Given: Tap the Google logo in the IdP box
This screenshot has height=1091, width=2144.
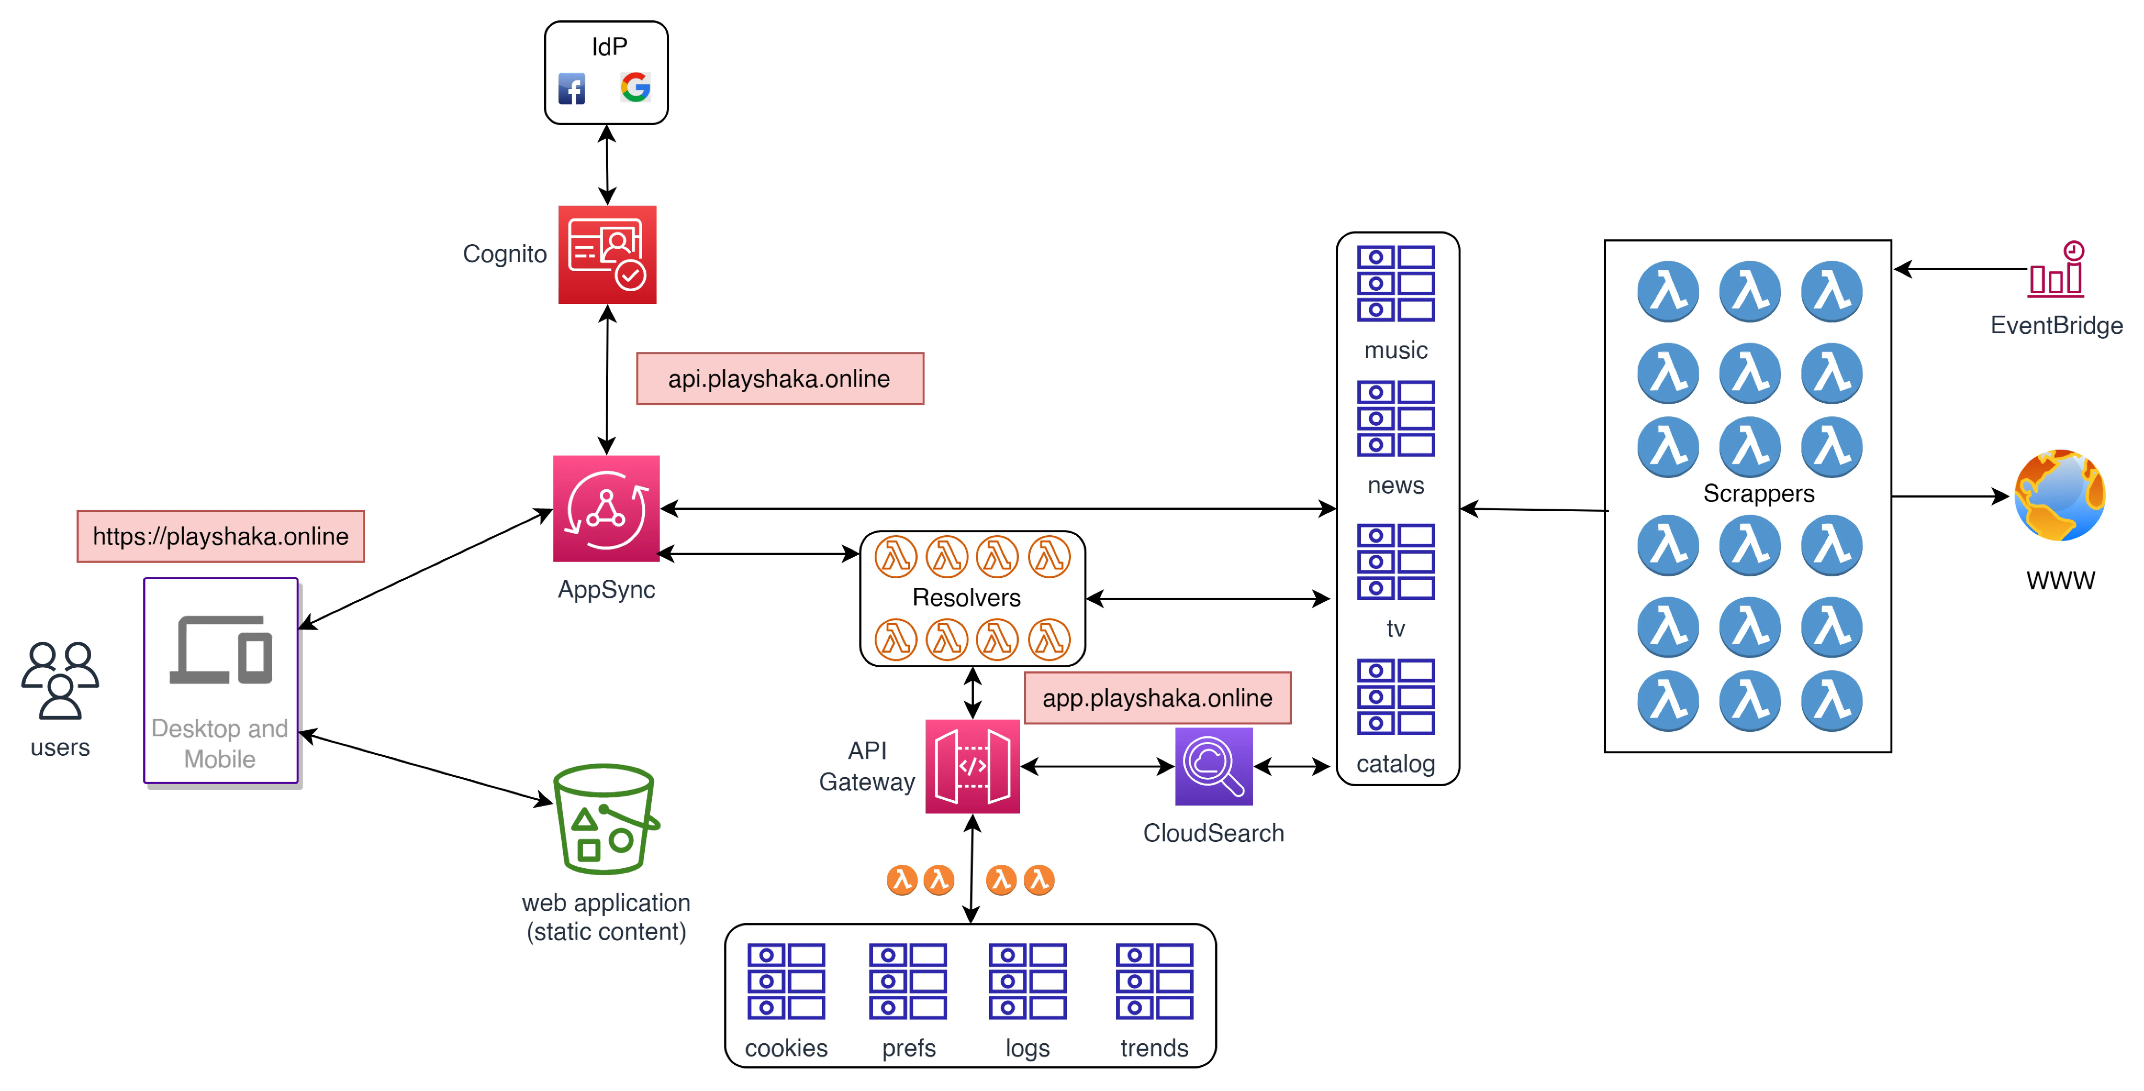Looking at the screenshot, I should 635,87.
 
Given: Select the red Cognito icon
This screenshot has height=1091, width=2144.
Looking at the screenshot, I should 607,255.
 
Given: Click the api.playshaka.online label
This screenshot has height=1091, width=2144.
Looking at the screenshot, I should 779,379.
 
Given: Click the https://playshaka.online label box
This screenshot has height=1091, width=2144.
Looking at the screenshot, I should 221,536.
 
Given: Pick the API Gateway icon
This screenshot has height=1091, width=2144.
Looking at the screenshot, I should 973,766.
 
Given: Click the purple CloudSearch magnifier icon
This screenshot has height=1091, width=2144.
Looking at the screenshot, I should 1214,766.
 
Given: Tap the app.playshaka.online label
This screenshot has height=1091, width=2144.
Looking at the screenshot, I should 1158,698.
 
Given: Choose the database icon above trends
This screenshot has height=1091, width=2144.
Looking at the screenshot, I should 1154,981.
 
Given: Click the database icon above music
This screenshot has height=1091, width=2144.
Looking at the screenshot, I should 1396,283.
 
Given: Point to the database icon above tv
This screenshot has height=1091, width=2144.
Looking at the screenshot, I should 1396,561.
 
